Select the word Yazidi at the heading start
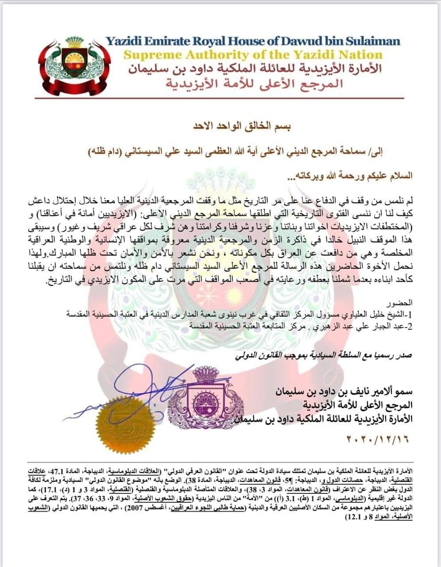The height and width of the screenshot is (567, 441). (123, 41)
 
